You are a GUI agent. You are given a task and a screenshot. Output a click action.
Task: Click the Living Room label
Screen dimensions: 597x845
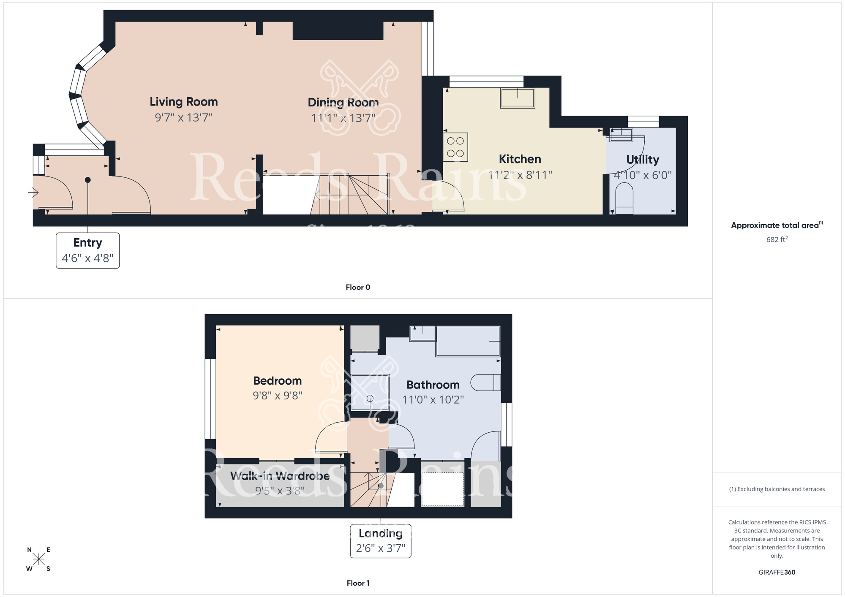point(183,102)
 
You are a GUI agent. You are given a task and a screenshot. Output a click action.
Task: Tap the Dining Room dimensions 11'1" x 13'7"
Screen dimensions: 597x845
point(343,118)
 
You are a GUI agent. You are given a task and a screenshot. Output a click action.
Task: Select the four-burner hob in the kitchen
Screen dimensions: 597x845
point(455,147)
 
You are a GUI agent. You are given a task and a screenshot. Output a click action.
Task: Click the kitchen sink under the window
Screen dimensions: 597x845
point(518,98)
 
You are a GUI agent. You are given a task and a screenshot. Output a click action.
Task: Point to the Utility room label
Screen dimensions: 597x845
point(642,159)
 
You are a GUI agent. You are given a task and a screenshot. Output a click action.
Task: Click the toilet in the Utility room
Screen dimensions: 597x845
point(624,200)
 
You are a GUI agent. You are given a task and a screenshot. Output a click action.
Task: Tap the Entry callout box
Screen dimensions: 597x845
point(88,250)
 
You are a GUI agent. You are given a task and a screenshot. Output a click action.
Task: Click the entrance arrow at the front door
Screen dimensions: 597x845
point(33,193)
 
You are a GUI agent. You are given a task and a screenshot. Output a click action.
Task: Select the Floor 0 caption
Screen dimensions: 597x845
point(358,287)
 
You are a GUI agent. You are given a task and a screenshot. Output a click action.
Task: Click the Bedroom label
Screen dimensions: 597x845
point(277,380)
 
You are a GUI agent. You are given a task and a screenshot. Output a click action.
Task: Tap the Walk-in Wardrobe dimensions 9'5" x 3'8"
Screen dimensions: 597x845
point(280,491)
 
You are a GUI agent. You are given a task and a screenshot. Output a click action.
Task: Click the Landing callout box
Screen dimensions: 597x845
point(380,541)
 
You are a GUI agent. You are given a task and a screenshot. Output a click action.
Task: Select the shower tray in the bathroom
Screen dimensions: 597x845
point(370,392)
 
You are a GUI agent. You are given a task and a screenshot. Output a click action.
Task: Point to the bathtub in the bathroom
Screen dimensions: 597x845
point(468,341)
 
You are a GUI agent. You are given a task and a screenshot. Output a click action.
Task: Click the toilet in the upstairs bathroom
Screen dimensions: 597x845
point(485,383)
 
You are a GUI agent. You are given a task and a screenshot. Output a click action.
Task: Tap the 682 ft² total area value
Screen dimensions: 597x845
point(777,239)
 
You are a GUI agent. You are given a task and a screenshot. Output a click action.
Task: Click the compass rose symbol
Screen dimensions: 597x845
point(38,559)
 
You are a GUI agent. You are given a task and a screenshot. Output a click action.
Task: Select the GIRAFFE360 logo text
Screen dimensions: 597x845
point(777,573)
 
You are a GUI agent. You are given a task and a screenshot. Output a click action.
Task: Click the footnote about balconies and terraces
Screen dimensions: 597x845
point(777,489)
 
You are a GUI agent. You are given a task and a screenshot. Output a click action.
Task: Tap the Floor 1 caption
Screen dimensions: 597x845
point(358,583)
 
